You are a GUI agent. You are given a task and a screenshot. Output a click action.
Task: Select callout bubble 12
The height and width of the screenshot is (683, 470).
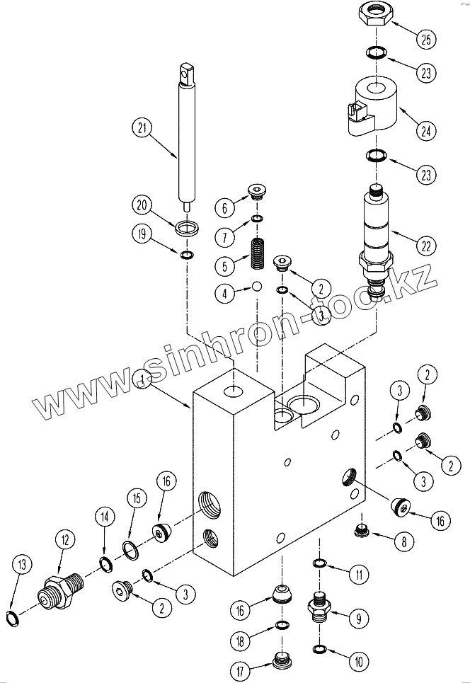tap(65, 540)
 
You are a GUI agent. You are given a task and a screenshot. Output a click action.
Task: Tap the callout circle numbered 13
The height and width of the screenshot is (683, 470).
tap(22, 564)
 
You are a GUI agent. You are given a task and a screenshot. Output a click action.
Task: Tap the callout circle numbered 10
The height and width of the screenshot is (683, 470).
tap(358, 662)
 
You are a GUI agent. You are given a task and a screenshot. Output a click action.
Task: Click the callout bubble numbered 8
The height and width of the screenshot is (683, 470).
tap(403, 543)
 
